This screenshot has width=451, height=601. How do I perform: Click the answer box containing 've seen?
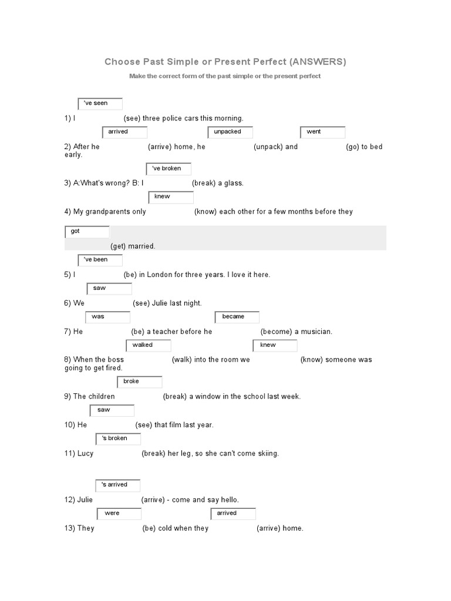(x=100, y=103)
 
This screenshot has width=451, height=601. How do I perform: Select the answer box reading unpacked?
(x=230, y=132)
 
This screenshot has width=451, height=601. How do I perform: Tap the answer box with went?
(x=322, y=132)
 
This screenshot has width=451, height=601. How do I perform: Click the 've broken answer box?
(x=169, y=169)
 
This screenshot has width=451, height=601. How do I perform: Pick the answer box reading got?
(x=87, y=232)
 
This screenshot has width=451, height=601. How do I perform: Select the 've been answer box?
(x=100, y=260)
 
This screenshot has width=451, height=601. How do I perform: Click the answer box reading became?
(x=237, y=317)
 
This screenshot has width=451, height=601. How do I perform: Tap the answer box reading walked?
(x=149, y=345)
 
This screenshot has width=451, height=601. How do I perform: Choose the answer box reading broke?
(x=140, y=382)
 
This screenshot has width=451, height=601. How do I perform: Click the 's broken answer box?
(x=118, y=438)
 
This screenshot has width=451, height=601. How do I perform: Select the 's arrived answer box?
(x=118, y=485)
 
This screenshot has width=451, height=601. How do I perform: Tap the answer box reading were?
(x=119, y=514)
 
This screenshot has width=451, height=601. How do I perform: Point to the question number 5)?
(x=68, y=275)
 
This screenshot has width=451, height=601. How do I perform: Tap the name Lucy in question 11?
(x=85, y=453)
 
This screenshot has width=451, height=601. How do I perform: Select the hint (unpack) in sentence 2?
(x=268, y=147)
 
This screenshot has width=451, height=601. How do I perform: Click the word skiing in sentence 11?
(x=267, y=453)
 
